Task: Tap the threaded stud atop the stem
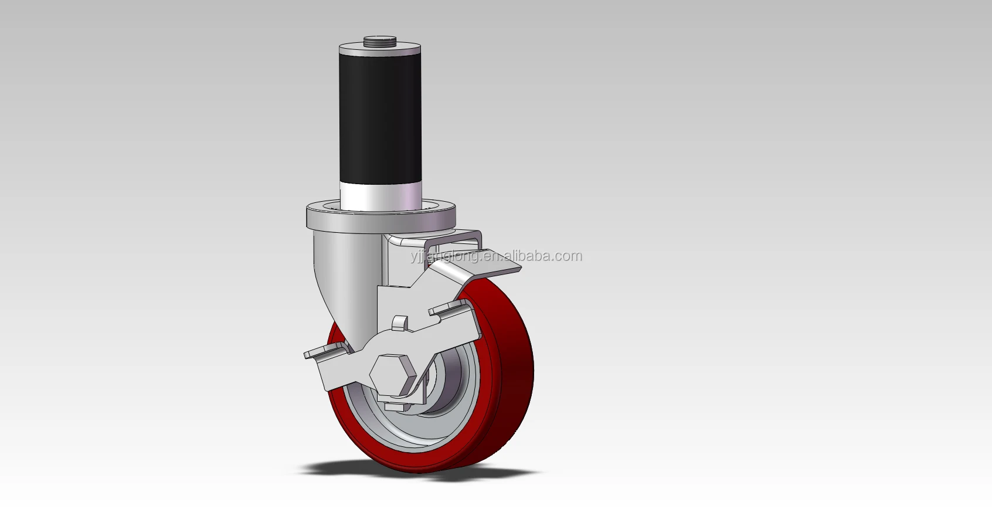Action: [379, 41]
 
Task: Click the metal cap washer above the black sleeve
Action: [380, 47]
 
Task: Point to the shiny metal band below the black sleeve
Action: [381, 197]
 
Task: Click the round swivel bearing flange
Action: [381, 216]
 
